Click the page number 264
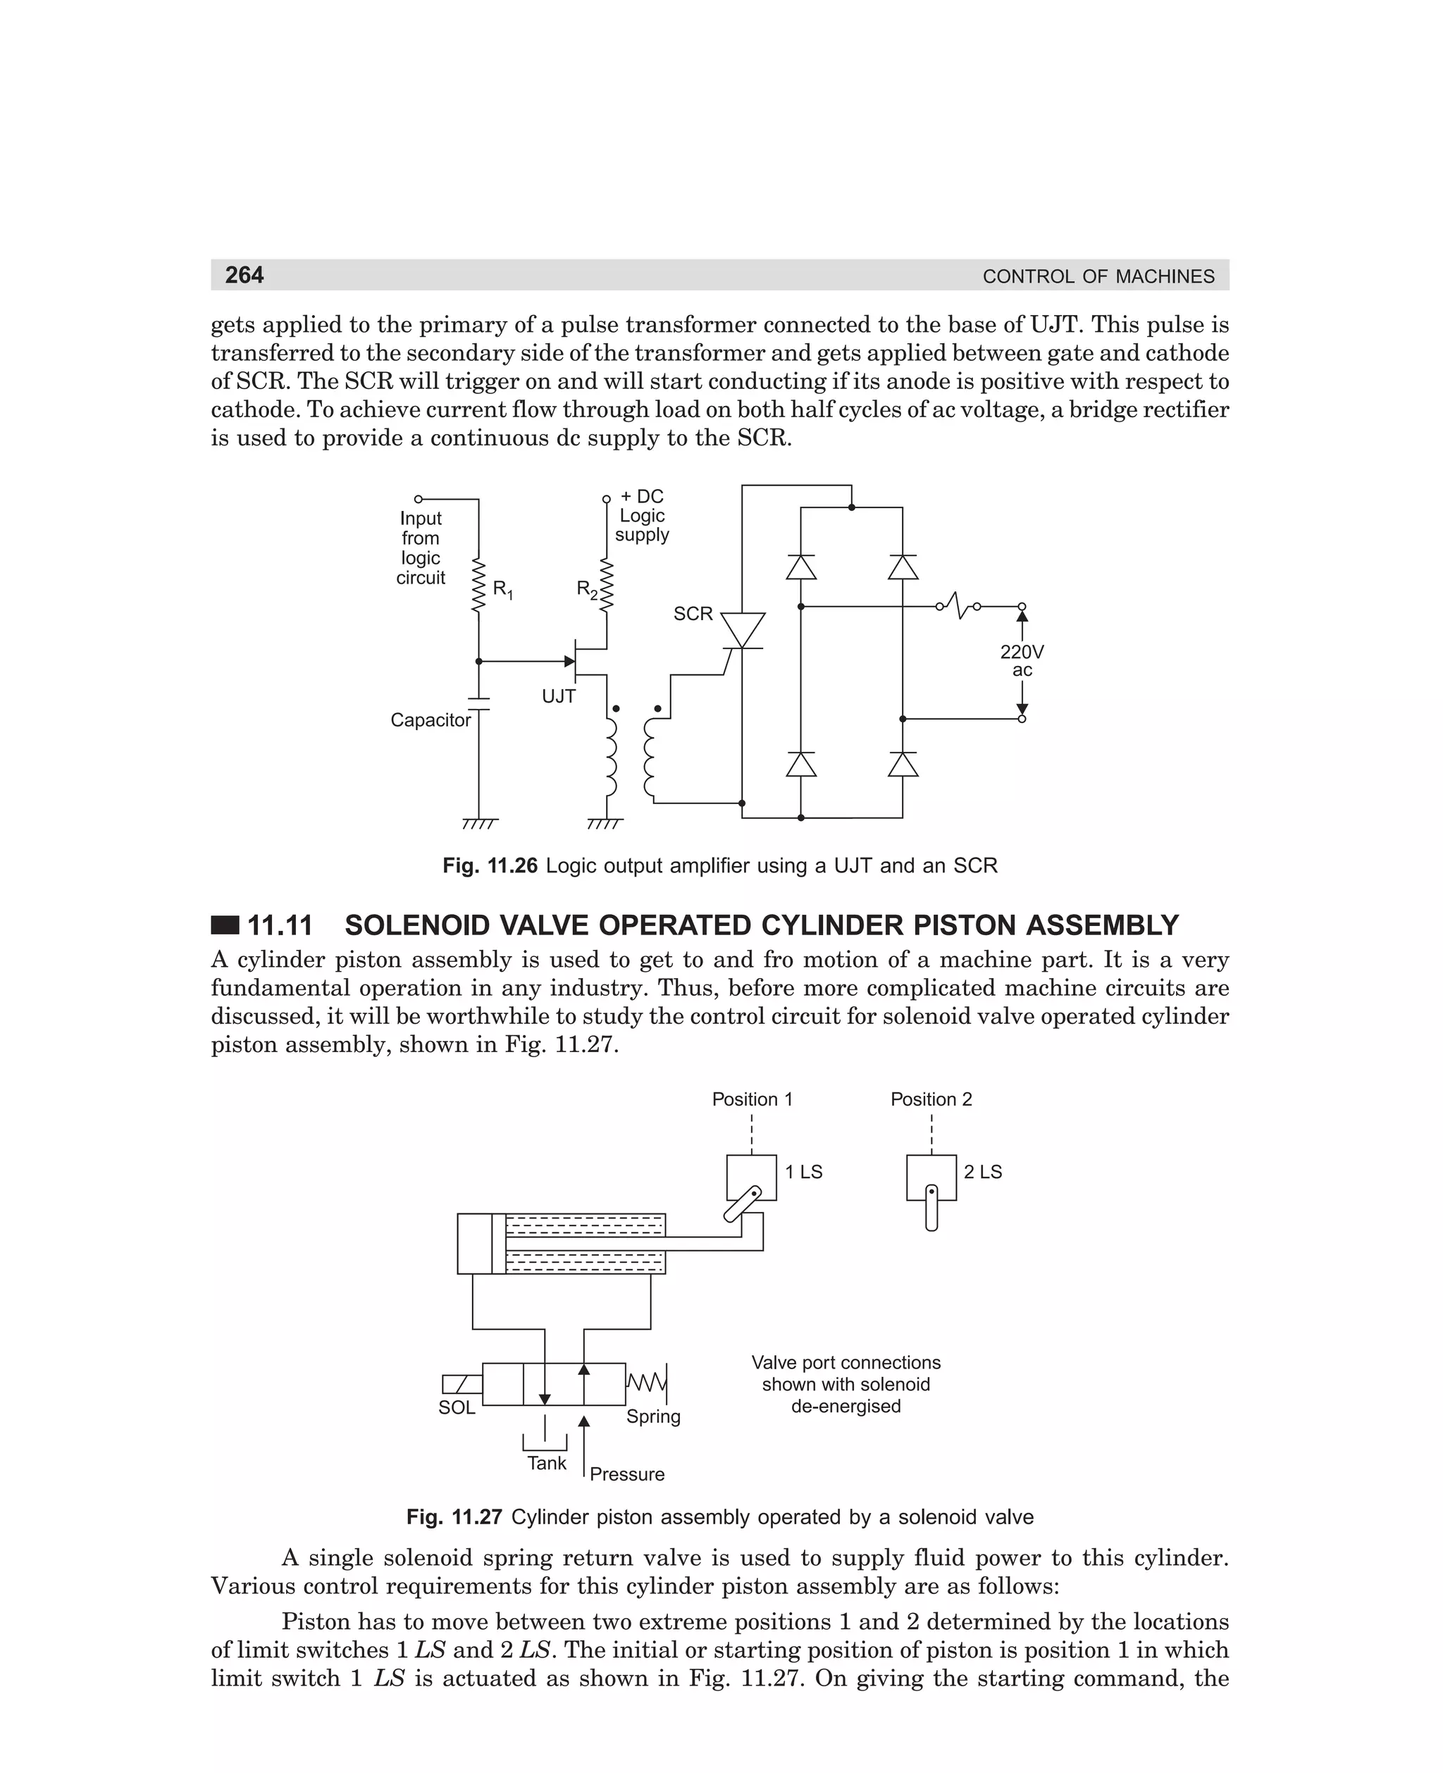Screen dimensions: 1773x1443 point(244,275)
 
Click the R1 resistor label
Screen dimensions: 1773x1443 point(503,589)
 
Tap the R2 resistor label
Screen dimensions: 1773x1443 point(587,589)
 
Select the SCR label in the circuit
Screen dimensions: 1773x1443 point(693,614)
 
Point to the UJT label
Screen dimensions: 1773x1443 point(559,696)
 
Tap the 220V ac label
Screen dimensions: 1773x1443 point(1022,661)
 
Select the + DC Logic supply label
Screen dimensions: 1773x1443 point(642,515)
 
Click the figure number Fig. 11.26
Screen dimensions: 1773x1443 point(490,866)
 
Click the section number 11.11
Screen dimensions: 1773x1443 point(280,925)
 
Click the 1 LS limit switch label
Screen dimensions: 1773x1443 point(804,1172)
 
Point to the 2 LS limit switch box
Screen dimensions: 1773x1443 point(931,1176)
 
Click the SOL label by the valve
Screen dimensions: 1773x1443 point(457,1407)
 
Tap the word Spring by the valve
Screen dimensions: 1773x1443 point(653,1416)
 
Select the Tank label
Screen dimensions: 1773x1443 point(546,1463)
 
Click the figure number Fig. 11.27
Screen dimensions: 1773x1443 point(454,1517)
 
